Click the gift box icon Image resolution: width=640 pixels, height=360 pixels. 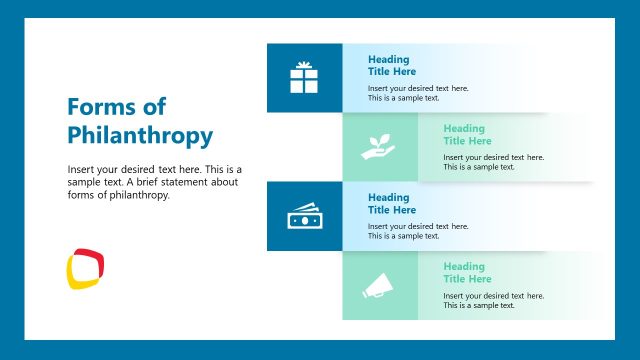pyautogui.click(x=304, y=77)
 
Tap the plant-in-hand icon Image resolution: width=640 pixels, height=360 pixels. pyautogui.click(x=378, y=148)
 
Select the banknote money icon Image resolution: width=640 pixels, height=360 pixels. pyautogui.click(x=304, y=216)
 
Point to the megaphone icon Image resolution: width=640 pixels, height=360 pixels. pyautogui.click(x=378, y=286)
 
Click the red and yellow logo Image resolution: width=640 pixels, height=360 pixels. pyautogui.click(x=86, y=268)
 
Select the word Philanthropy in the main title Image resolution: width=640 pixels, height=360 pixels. pyautogui.click(x=140, y=135)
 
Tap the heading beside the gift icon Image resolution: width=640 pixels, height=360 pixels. pyautogui.click(x=391, y=65)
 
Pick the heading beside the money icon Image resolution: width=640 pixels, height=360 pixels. pyautogui.click(x=391, y=204)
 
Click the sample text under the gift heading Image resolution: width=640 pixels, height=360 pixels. pyautogui.click(x=417, y=93)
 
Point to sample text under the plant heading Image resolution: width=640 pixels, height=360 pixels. pyautogui.click(x=493, y=162)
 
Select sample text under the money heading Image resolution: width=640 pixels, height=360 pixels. pyautogui.click(x=417, y=231)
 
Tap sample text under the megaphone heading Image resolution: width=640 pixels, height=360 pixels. pyautogui.click(x=493, y=300)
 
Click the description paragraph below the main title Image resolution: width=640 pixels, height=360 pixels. pyautogui.click(x=154, y=182)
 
